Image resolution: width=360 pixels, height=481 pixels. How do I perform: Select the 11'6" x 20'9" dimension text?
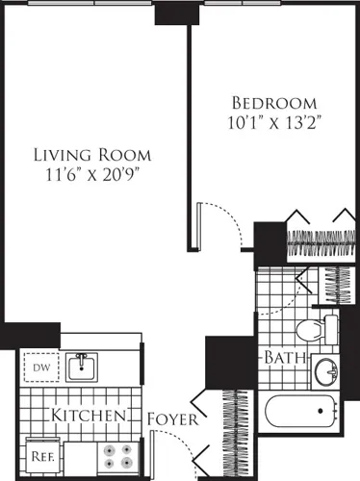click(x=92, y=177)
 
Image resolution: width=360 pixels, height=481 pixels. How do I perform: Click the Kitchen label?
click(x=90, y=416)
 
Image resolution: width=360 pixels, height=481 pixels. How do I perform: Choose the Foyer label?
click(x=173, y=420)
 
